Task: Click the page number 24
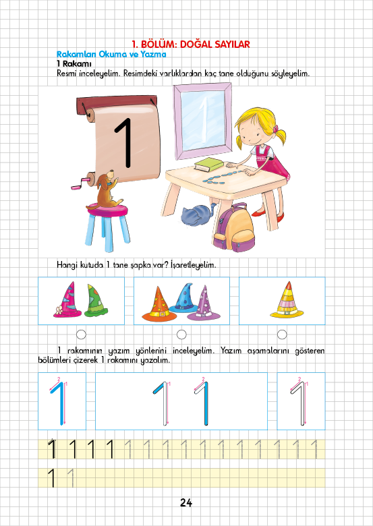(186, 502)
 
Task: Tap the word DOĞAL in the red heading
(194, 45)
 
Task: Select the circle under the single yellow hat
(282, 334)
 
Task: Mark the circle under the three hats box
(181, 334)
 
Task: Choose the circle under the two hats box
(81, 334)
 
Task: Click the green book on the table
(209, 165)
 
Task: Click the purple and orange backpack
(234, 228)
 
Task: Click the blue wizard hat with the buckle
(183, 298)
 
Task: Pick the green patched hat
(96, 301)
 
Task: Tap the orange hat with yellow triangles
(159, 304)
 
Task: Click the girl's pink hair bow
(275, 129)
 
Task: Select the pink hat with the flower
(67, 300)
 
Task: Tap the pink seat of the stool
(108, 210)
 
